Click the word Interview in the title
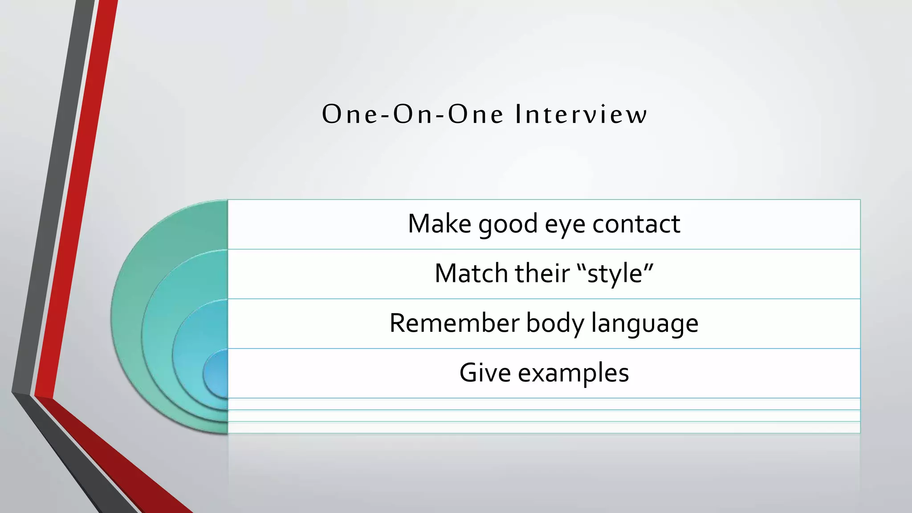tap(581, 114)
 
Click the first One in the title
tap(350, 114)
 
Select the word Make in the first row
tap(439, 224)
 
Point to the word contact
tap(636, 224)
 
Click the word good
tap(508, 224)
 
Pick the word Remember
tap(454, 323)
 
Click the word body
tap(555, 323)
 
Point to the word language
tap(644, 324)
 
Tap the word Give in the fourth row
tap(484, 373)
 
